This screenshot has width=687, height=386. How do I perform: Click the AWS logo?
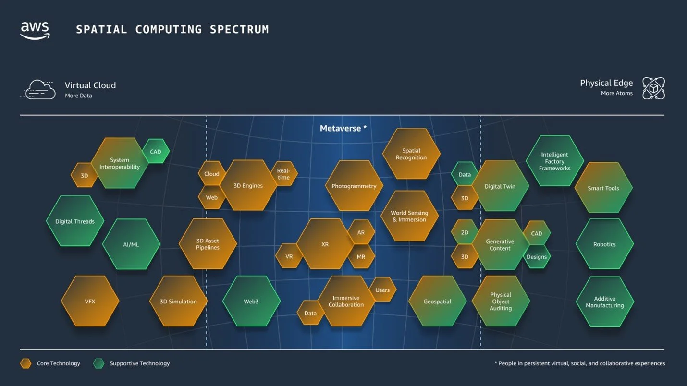coord(35,30)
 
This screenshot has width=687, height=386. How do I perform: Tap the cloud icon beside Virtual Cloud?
coord(38,90)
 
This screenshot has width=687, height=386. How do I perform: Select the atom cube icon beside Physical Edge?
coord(653,88)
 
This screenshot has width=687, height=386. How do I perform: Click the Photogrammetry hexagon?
coord(354,186)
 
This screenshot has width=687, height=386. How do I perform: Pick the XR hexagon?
coord(325,244)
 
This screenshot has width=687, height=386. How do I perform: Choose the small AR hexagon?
coord(361,232)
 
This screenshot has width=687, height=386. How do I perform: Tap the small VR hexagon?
coord(289,256)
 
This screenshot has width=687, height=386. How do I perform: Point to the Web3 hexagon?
coord(251,301)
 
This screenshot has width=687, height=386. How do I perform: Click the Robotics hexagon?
coord(604,244)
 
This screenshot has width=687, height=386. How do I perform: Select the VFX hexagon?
coord(90,301)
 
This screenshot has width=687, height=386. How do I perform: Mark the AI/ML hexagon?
coord(131,244)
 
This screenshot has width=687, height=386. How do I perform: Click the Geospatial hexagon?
coord(437,301)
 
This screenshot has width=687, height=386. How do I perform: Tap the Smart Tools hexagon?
coord(603,188)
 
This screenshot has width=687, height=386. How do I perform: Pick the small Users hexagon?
coord(382,290)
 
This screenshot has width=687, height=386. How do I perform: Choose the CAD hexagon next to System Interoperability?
coord(156,151)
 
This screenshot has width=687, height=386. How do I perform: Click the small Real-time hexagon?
coord(284,174)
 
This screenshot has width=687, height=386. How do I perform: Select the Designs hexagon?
coord(537,256)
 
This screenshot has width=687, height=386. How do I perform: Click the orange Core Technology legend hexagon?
coord(26,363)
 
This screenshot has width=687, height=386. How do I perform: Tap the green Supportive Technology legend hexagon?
coord(99,363)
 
